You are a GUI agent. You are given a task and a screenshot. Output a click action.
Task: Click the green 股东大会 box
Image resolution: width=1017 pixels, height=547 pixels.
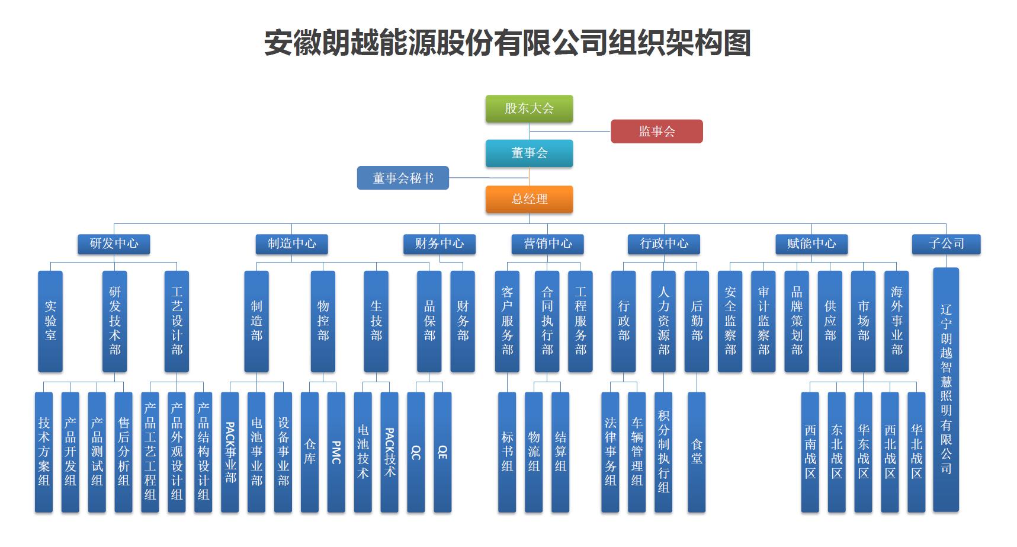pos(529,108)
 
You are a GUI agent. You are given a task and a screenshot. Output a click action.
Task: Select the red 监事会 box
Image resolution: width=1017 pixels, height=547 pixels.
pos(656,131)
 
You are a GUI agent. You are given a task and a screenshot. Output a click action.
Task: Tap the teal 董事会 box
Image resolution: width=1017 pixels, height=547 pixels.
pos(529,153)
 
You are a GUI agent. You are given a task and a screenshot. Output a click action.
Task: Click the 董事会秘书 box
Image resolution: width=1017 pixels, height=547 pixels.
pos(403,178)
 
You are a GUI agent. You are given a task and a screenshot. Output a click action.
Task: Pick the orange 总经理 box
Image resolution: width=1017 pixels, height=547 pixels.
pos(529,199)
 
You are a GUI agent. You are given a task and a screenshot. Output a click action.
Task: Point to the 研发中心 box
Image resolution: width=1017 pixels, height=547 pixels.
pos(114,244)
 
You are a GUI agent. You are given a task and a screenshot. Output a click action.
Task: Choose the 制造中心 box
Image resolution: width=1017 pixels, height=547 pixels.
pos(291,244)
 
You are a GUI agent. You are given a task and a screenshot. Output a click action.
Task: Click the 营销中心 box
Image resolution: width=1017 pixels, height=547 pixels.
pos(548,244)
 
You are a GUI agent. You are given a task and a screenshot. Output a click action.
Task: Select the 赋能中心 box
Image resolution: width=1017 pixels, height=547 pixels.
pos(811,244)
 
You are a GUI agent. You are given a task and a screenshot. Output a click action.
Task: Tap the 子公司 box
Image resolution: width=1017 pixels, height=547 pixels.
pos(946,244)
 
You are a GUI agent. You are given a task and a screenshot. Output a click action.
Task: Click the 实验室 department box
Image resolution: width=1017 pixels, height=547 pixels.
pos(50,321)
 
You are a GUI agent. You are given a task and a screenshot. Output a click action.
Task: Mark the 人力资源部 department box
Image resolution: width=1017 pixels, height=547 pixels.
pos(663,321)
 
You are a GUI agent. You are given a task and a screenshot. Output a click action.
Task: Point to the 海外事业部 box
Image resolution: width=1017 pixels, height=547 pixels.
pos(896,321)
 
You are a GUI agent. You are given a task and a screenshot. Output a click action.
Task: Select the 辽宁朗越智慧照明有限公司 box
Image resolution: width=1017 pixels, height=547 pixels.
pos(946,389)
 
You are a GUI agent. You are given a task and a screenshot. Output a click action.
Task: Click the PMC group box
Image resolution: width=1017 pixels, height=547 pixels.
pos(336,452)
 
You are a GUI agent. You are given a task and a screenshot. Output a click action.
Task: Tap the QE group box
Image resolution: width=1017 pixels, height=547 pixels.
pos(442,452)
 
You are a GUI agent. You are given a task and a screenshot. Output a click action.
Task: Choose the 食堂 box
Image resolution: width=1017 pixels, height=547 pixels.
pos(697,452)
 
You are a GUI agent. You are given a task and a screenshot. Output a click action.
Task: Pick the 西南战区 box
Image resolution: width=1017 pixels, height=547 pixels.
pos(810,452)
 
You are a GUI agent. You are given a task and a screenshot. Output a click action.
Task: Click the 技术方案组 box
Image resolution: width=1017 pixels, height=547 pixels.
pos(44,452)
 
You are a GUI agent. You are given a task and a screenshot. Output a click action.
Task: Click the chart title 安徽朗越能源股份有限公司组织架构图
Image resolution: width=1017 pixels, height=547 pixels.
pos(508,43)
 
